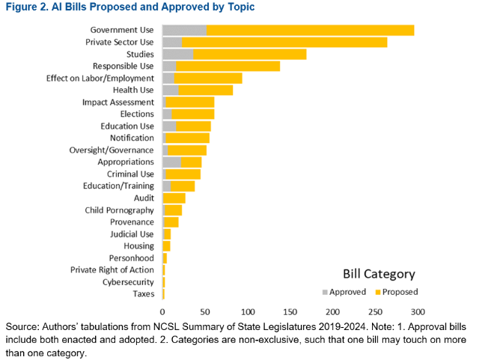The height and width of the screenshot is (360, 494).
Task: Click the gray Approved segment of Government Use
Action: point(184,30)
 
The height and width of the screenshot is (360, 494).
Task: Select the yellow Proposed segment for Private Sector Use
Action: point(284,42)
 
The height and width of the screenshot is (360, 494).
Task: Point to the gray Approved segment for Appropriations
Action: point(171,162)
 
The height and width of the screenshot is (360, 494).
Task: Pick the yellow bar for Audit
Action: point(174,198)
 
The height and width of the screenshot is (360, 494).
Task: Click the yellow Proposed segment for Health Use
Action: point(205,90)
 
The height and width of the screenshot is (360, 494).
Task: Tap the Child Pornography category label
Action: point(119,210)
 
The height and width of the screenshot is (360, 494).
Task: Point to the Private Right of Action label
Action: point(112,269)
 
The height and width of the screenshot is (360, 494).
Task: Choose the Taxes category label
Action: point(143,293)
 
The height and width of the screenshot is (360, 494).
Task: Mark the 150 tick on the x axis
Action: point(290,311)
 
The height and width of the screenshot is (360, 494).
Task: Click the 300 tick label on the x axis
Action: point(418,311)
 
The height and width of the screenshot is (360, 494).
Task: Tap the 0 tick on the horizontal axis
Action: point(162,311)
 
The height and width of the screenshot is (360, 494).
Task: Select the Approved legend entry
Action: point(344,292)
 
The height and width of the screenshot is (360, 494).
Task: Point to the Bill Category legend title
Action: point(379,274)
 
